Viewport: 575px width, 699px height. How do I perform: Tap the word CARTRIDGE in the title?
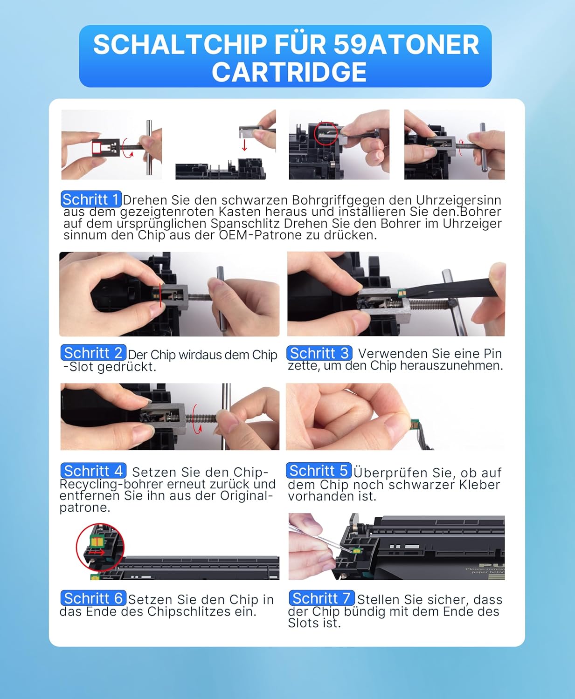289,72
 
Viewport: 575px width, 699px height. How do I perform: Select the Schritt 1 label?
91,199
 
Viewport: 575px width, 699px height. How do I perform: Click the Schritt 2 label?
93,353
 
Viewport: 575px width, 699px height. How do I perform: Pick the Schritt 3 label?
319,353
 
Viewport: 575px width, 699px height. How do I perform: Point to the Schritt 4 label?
93,471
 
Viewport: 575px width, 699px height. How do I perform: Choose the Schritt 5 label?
319,471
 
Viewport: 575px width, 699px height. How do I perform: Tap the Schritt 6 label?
93,598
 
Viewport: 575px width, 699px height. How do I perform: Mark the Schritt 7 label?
321,598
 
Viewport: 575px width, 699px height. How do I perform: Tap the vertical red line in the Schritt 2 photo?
160,295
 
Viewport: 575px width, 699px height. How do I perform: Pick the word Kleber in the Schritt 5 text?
479,485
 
